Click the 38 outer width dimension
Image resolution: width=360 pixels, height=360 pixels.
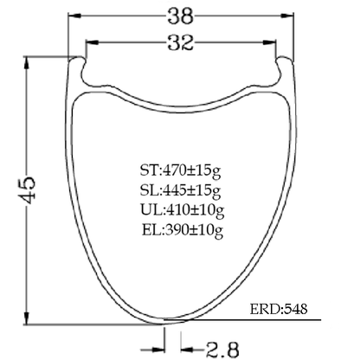(x=181, y=16)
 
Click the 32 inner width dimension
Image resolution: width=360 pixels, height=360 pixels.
(x=181, y=43)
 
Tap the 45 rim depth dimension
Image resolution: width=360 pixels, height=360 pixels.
(x=27, y=190)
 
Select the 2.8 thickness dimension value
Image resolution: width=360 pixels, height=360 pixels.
(x=222, y=350)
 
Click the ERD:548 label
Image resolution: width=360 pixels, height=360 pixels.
(x=279, y=309)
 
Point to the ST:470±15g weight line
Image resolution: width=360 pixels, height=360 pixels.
(x=181, y=171)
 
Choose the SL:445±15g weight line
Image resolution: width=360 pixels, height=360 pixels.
(x=181, y=191)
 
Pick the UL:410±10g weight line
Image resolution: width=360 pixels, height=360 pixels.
(x=183, y=210)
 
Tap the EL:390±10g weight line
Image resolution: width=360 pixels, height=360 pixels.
(x=183, y=230)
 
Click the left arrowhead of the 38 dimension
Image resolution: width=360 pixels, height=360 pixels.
(x=74, y=16)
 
